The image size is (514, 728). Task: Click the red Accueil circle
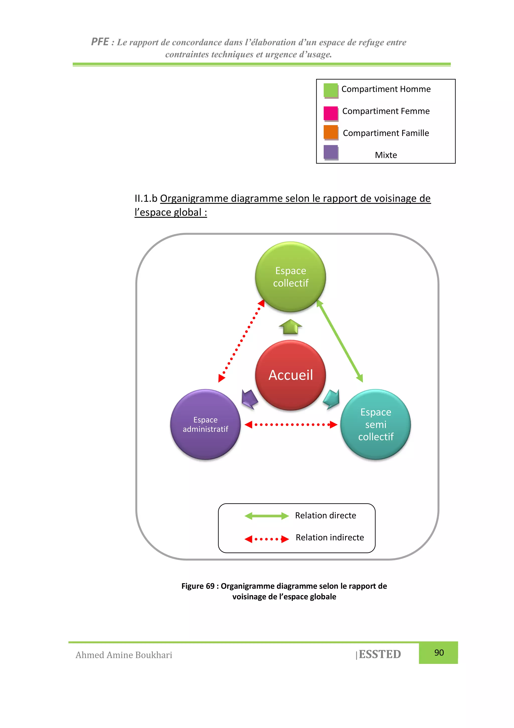tap(290, 375)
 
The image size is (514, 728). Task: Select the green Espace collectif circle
tap(290, 277)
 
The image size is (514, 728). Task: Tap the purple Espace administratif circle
tap(205, 424)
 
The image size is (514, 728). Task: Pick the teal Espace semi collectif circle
tap(376, 424)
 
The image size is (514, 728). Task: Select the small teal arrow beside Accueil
tap(331, 399)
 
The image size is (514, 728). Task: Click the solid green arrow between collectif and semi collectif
tap(340, 341)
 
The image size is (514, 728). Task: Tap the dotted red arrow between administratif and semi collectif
tap(291, 424)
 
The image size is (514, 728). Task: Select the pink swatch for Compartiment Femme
tap(331, 113)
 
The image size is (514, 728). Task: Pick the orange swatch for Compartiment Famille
tap(331, 132)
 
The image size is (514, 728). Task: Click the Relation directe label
tap(325, 516)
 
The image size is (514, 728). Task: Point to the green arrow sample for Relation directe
tap(267, 516)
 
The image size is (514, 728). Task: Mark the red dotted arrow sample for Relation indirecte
tap(267, 539)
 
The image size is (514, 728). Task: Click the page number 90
tap(439, 653)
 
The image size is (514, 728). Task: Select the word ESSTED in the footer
tap(380, 654)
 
